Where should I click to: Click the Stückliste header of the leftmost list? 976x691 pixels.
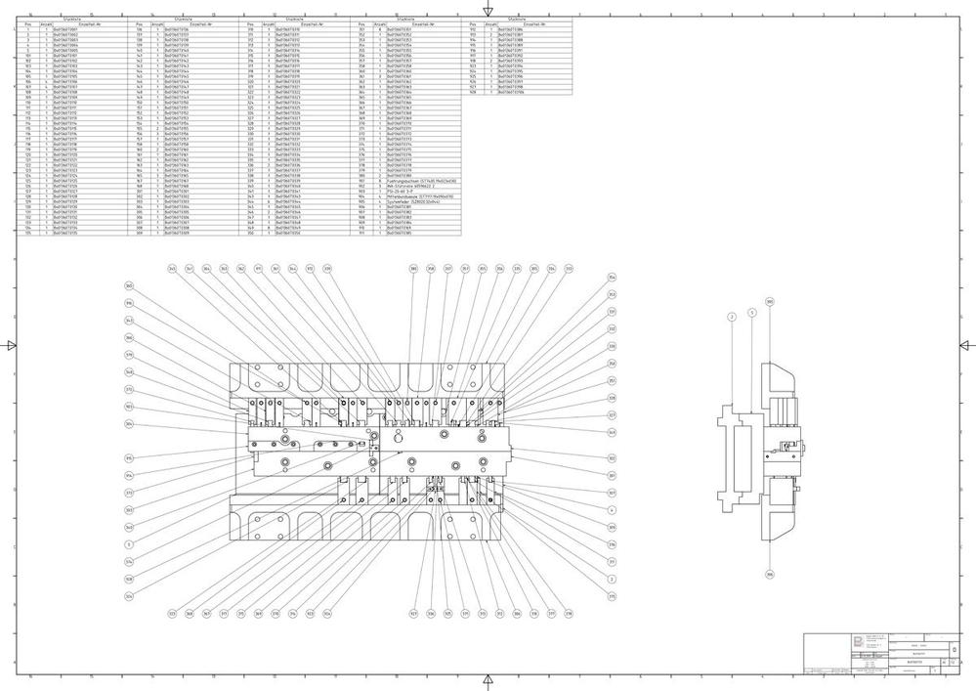71,18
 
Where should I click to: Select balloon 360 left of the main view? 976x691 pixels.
129,286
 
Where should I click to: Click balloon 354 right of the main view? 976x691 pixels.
613,278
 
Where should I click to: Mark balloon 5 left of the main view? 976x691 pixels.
129,544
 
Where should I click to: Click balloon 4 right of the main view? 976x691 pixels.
613,509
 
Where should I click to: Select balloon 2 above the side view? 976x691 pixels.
731,317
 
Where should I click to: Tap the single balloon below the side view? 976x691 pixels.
769,575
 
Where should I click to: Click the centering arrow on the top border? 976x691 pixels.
488,11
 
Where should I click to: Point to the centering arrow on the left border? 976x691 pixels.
11,345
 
